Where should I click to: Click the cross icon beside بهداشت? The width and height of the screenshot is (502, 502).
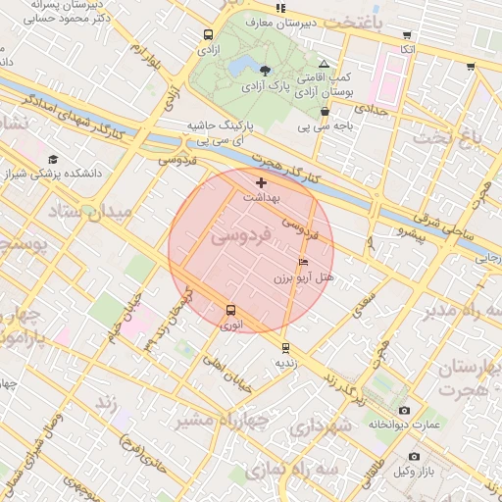261,182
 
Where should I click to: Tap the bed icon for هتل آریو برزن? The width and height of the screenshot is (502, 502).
303,263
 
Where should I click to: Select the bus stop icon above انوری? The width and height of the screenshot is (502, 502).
230,310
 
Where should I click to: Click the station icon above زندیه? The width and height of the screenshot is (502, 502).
285,347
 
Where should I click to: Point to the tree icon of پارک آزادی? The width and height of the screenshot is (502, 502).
265,68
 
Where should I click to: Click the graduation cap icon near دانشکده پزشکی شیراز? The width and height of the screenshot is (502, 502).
52,160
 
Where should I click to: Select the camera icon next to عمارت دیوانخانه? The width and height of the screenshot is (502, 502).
404,411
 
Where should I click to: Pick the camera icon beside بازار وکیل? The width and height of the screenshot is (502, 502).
414,457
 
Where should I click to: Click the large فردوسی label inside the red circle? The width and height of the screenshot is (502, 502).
236,236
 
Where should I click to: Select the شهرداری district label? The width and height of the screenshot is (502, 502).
320,427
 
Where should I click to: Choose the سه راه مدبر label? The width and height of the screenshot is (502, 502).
460,311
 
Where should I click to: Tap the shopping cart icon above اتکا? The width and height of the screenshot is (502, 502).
408,35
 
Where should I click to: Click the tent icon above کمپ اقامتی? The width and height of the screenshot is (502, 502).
324,64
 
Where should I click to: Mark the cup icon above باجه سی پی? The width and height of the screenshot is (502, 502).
324,112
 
